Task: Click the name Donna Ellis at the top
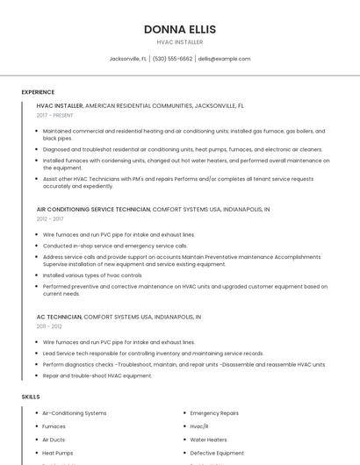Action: [x=179, y=29]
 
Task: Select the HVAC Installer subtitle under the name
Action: [x=179, y=42]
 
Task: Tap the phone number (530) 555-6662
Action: [x=172, y=59]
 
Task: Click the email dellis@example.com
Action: [x=224, y=59]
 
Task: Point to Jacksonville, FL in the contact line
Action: [x=127, y=59]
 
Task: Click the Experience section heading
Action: [x=38, y=92]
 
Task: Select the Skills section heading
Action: [x=31, y=397]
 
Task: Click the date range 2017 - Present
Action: [x=54, y=115]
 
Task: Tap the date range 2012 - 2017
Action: [x=50, y=219]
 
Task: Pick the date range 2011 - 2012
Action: [x=49, y=325]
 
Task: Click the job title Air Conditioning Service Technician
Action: [x=93, y=210]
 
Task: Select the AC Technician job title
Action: [x=59, y=316]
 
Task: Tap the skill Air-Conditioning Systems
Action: [x=75, y=412]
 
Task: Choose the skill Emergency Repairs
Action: [x=214, y=412]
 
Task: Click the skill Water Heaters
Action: [x=208, y=440]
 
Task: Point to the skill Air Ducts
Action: [x=54, y=440]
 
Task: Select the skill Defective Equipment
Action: [x=217, y=453]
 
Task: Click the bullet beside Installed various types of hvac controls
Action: [x=38, y=275]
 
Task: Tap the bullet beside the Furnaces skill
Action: [x=38, y=426]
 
